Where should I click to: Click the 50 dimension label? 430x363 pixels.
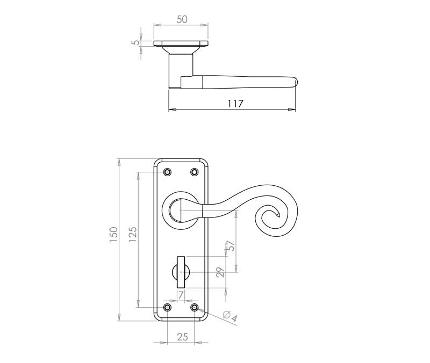(182, 19)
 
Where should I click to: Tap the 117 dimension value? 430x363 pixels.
(235, 104)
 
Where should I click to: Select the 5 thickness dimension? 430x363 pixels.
(136, 43)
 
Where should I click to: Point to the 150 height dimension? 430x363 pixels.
(113, 234)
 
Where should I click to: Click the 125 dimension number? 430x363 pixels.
(132, 234)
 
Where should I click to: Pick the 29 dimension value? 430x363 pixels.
(220, 272)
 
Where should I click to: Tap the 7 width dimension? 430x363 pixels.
(181, 295)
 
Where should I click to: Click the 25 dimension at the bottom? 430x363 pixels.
(182, 337)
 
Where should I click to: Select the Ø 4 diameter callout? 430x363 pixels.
(230, 316)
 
